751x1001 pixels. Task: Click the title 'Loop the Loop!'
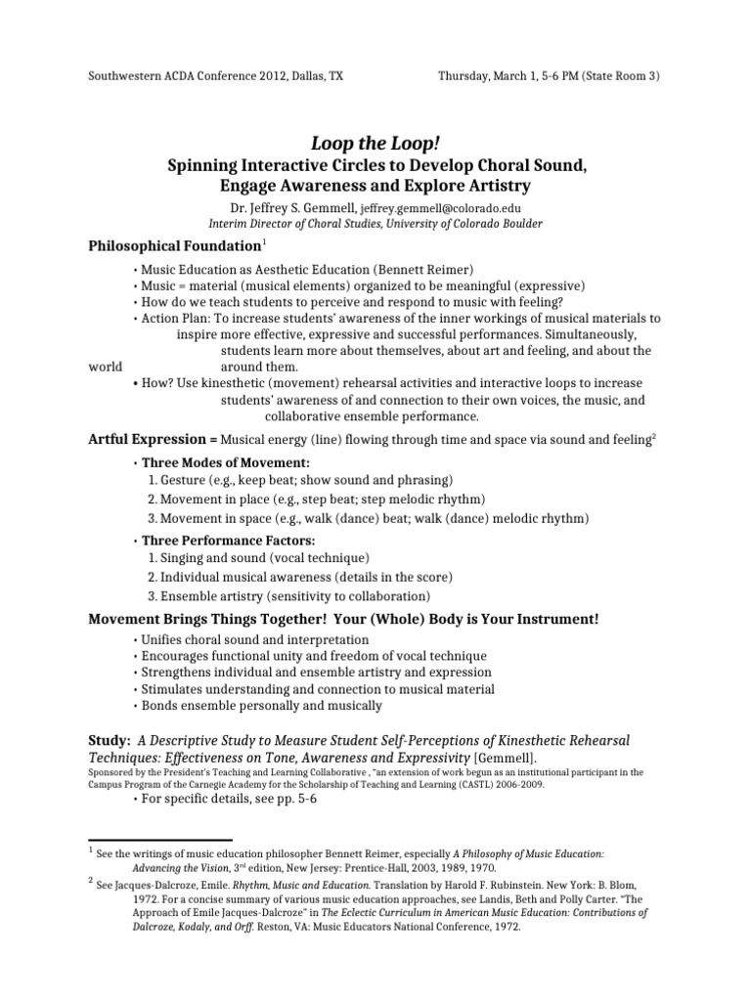[375, 145]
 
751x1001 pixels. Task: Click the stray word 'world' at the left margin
[106, 367]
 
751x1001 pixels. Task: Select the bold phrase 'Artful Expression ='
[153, 440]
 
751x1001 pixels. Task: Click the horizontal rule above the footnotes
[160, 840]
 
